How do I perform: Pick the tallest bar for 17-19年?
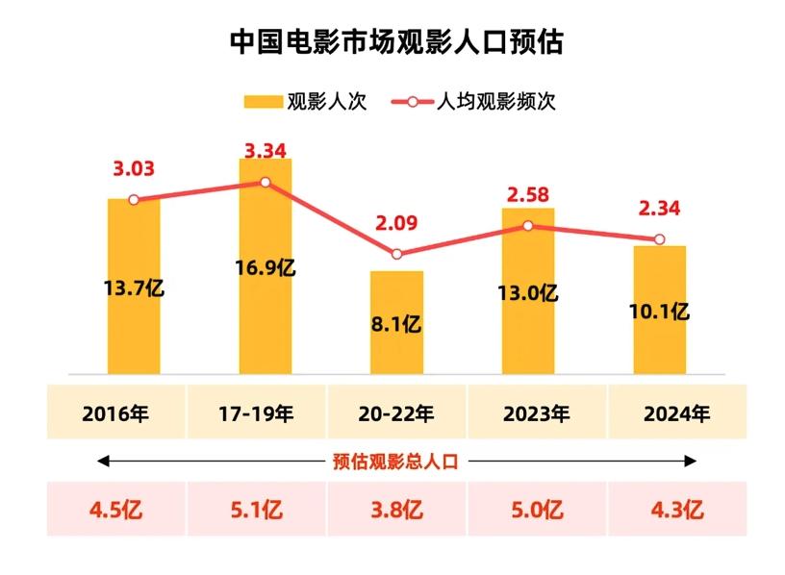pyautogui.click(x=266, y=317)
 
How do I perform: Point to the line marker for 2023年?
pyautogui.click(x=528, y=226)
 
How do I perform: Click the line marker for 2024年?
pyautogui.click(x=660, y=239)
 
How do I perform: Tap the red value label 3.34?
pyautogui.click(x=266, y=151)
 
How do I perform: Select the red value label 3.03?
pyautogui.click(x=134, y=169)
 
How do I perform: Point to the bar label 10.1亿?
pyautogui.click(x=660, y=311)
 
